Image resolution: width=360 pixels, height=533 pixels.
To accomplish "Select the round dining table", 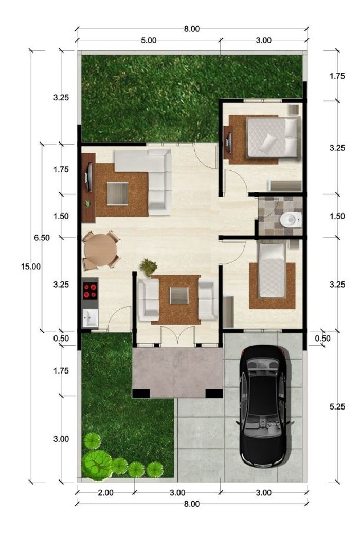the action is click(x=100, y=251).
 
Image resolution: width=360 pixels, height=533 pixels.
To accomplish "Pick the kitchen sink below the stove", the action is click(x=90, y=318).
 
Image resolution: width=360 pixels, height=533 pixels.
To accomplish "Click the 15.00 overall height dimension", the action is click(x=31, y=266).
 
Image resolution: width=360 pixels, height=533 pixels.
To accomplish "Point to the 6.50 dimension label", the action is click(x=42, y=238).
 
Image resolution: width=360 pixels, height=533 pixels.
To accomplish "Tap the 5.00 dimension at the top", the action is click(x=149, y=40).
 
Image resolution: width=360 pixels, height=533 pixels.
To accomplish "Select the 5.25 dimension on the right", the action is click(x=337, y=406).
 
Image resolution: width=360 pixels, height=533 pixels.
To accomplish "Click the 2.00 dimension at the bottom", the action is click(x=106, y=492).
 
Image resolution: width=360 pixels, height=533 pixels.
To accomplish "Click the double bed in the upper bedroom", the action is click(x=274, y=137).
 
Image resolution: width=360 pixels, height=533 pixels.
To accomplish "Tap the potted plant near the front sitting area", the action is click(x=149, y=268).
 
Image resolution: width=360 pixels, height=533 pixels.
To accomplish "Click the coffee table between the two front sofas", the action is click(x=179, y=295).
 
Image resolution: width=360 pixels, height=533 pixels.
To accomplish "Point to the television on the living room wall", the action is click(x=89, y=177).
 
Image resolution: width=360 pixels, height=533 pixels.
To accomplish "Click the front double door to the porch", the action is click(x=177, y=336).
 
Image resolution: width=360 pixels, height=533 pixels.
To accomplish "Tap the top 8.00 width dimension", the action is click(x=192, y=29).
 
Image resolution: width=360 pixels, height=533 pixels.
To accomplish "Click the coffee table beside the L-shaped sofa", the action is click(x=117, y=194).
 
